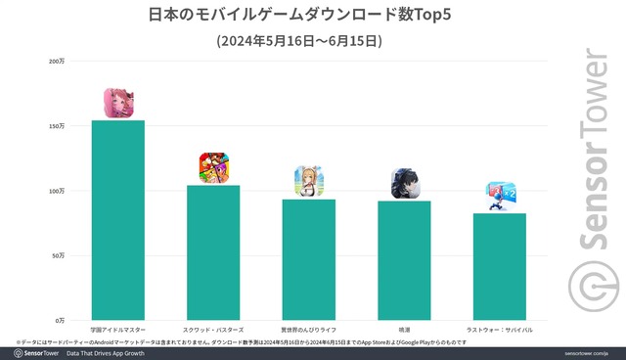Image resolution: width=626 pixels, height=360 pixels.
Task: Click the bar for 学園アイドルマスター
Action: click(117, 220)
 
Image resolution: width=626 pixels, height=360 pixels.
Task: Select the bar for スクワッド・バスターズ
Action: click(213, 252)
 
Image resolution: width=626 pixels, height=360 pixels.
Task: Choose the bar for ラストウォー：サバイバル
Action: click(500, 266)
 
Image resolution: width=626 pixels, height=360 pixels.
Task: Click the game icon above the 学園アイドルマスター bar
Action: click(118, 103)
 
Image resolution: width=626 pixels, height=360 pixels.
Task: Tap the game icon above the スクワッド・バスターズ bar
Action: click(213, 167)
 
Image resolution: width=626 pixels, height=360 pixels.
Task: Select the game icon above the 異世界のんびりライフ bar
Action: click(309, 181)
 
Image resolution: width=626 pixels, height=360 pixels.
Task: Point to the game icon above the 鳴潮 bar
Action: click(405, 183)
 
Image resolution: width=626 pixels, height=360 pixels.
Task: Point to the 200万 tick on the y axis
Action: click(57, 62)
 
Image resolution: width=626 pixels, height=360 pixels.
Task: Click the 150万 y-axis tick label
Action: click(57, 126)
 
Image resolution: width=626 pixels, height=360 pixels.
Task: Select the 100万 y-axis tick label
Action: click(57, 191)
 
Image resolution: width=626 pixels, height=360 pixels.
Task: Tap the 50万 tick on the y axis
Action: click(59, 255)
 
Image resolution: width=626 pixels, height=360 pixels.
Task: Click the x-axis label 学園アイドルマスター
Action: click(117, 331)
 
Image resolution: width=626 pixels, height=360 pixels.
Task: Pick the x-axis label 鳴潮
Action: click(404, 331)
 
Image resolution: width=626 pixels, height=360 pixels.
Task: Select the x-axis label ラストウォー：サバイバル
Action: click(500, 331)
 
